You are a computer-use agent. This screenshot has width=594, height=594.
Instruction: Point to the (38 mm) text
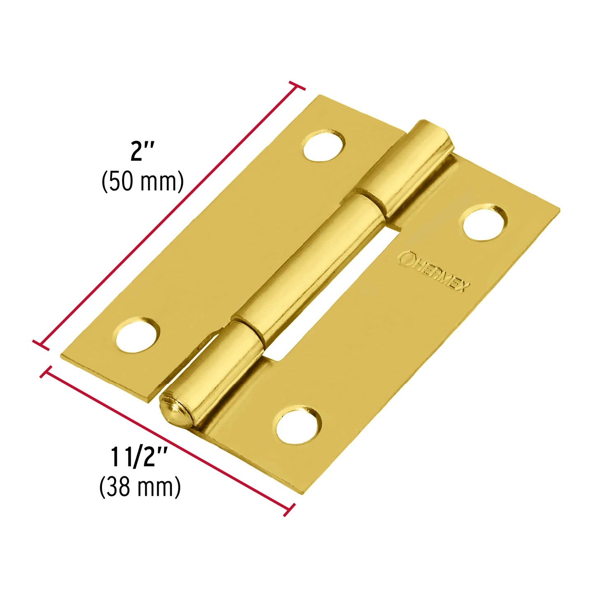coord(140,487)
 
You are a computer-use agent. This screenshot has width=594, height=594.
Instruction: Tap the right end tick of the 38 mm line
coord(289,509)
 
